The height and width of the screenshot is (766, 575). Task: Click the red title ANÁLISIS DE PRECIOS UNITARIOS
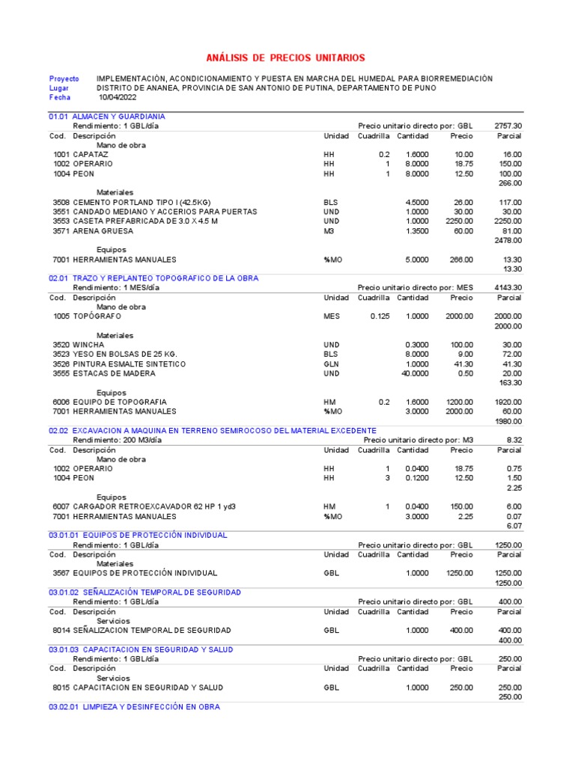[286, 58]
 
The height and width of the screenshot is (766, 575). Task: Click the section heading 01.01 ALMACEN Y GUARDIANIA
[107, 117]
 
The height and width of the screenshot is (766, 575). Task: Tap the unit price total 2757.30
[508, 126]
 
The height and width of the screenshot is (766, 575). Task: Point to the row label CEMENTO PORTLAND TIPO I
[142, 202]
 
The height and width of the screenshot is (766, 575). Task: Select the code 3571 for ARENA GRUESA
[61, 231]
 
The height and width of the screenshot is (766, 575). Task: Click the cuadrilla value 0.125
[380, 316]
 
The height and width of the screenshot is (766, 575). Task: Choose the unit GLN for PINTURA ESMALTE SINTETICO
[331, 364]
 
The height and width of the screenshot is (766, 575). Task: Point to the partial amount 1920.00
[508, 402]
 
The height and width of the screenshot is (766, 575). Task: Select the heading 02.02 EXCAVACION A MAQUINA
[213, 431]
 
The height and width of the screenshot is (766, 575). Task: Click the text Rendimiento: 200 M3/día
[115, 440]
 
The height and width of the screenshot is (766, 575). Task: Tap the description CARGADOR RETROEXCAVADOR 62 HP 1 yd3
[154, 506]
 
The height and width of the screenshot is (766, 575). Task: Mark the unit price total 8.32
[514, 440]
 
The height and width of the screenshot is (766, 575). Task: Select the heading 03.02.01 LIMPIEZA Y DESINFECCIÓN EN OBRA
[135, 707]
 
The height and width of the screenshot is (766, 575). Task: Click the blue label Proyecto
[64, 79]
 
